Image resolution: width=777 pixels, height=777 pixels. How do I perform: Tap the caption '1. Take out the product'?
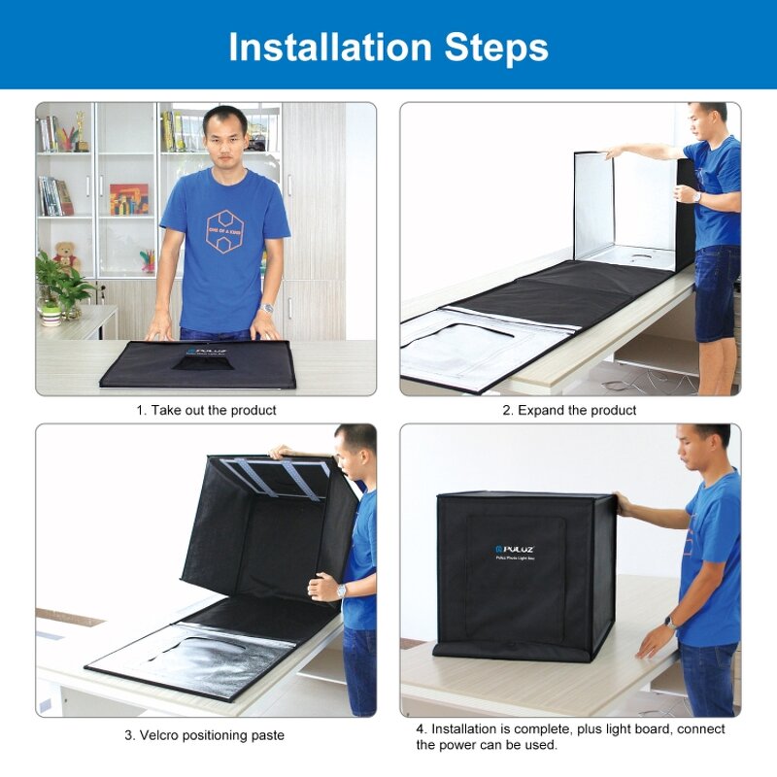pos(205,411)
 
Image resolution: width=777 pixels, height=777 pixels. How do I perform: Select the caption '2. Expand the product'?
pos(569,411)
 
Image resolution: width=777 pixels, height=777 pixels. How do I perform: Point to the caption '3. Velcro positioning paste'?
pos(204,735)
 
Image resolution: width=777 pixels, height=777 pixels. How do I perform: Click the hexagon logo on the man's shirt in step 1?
pos(223,230)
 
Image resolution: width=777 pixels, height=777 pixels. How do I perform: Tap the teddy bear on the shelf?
pos(66,255)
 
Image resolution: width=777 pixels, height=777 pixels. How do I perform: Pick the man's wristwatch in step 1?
pos(267,308)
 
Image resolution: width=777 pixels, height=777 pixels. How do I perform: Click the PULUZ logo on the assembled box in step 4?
pos(513,549)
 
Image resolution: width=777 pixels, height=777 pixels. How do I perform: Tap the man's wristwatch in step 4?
pos(671,622)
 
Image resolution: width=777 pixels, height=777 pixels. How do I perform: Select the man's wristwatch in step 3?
pos(341,591)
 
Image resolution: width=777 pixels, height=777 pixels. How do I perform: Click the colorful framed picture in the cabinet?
pos(128,199)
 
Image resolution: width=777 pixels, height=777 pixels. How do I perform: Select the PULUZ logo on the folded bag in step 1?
pos(200,351)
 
